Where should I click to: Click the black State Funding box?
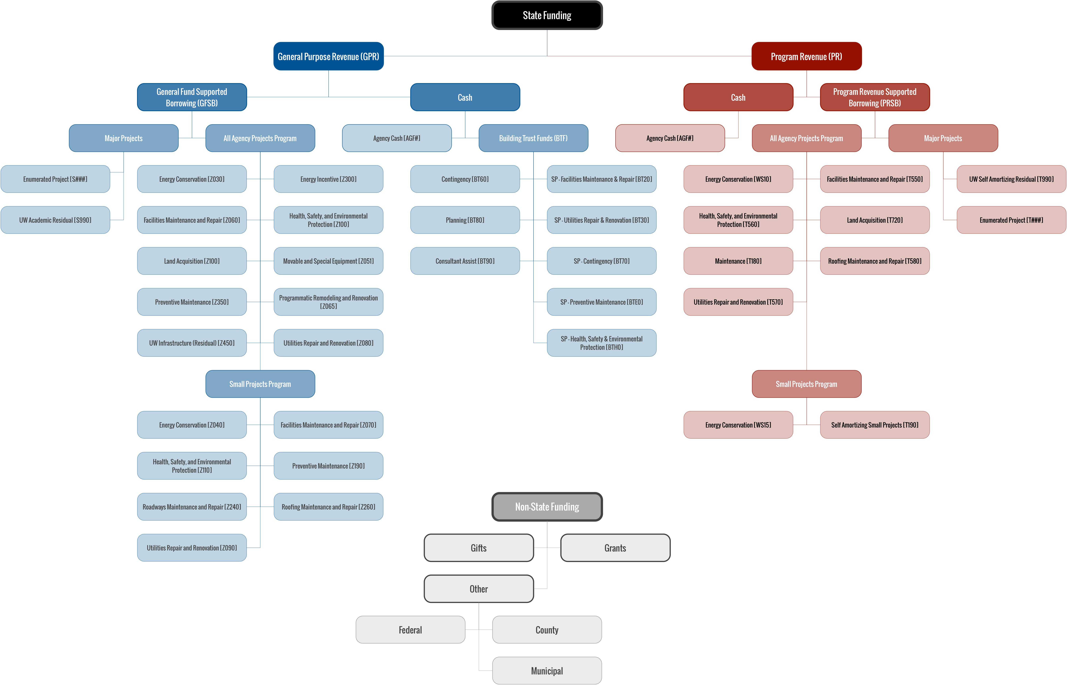click(x=547, y=15)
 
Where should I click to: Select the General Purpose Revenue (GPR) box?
click(x=328, y=56)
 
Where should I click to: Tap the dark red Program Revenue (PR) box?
click(x=806, y=56)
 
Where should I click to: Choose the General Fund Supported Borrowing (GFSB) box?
click(x=192, y=97)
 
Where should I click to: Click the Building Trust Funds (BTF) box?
click(x=533, y=138)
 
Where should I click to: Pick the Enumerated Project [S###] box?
click(x=55, y=179)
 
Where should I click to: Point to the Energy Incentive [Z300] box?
click(x=328, y=179)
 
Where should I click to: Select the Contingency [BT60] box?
click(x=465, y=179)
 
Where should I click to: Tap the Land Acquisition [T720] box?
click(x=875, y=220)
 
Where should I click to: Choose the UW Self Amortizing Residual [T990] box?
click(x=1011, y=179)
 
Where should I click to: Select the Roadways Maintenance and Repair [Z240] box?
click(x=192, y=507)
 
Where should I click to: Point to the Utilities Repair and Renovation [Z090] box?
click(x=192, y=548)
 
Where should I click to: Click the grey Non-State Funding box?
click(x=547, y=507)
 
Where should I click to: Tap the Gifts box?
click(x=479, y=548)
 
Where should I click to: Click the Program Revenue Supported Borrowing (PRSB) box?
click(x=875, y=97)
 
